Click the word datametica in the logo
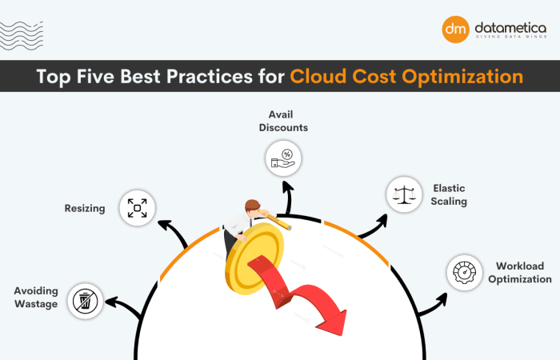pos(509,26)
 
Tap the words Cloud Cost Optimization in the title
pos(406,77)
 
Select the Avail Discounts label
pos(288,121)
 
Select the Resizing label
pos(85,209)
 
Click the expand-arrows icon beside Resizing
pos(136,208)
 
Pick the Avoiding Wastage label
pos(34,297)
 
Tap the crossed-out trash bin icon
pos(85,301)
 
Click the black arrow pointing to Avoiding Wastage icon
pos(120,305)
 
